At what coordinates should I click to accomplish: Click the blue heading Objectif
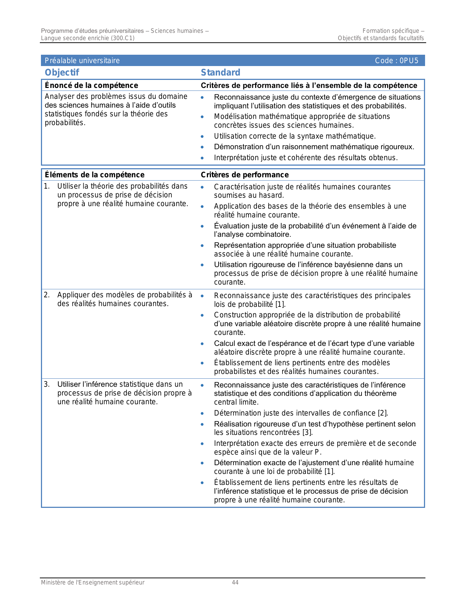(x=62, y=73)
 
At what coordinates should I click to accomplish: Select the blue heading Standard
(x=220, y=73)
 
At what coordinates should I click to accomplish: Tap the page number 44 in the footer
(x=235, y=583)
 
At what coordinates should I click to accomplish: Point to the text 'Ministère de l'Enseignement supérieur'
(x=92, y=583)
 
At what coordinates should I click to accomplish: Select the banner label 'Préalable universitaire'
(x=82, y=61)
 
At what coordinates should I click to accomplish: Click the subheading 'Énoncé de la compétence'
(x=91, y=85)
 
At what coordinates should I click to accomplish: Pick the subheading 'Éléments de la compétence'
(x=95, y=175)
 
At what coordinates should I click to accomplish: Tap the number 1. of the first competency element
(x=47, y=186)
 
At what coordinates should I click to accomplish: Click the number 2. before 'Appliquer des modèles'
(x=47, y=295)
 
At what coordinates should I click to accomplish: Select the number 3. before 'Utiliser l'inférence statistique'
(x=47, y=384)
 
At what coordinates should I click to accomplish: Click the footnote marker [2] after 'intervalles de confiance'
(x=382, y=413)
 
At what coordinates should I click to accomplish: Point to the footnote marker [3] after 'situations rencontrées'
(x=307, y=433)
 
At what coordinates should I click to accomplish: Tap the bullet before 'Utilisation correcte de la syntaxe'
(x=202, y=136)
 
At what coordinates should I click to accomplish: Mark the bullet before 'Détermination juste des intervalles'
(x=202, y=413)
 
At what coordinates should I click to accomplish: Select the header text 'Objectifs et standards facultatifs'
(x=381, y=38)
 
